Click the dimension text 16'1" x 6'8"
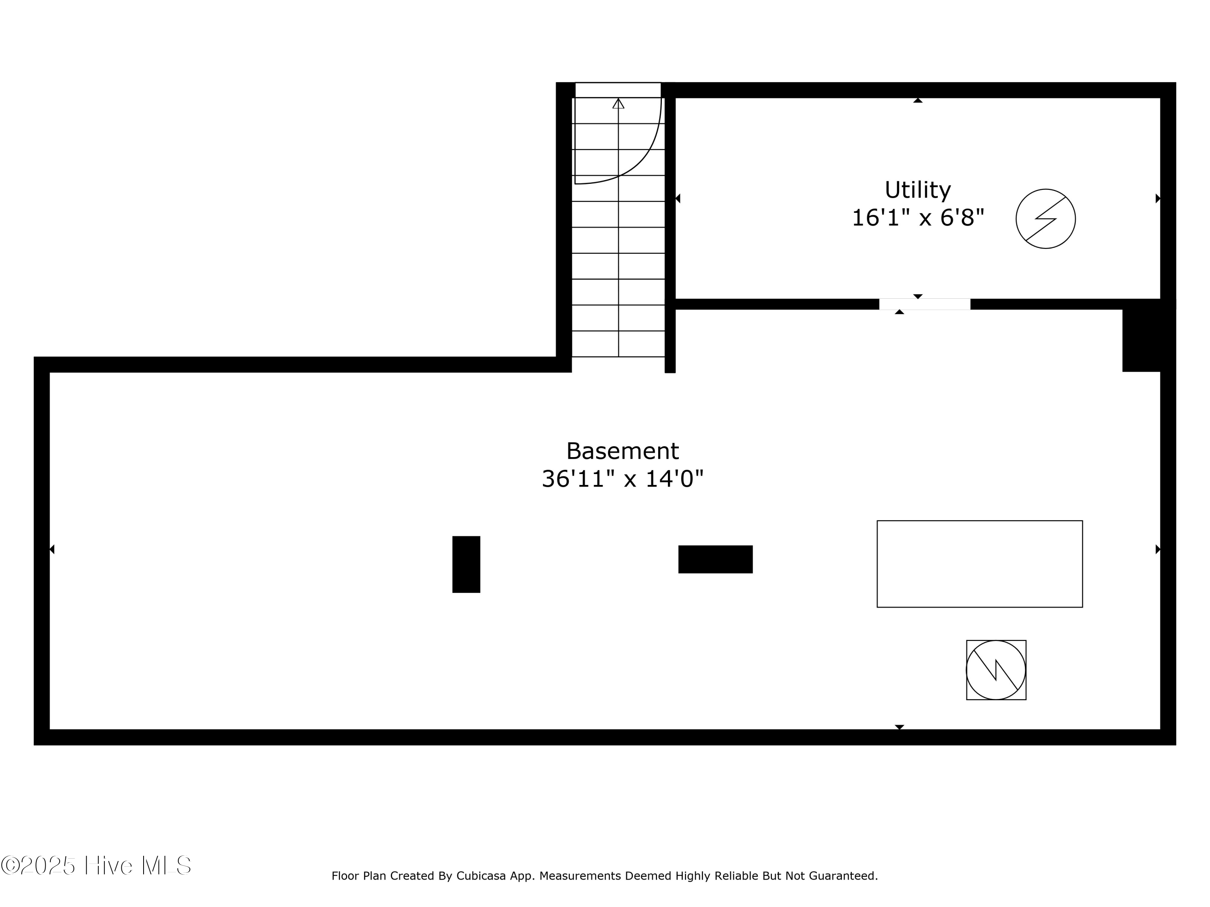click(x=918, y=218)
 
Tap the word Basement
click(x=622, y=451)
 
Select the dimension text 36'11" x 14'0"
click(x=622, y=479)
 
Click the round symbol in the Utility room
click(x=1045, y=218)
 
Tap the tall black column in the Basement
click(x=466, y=564)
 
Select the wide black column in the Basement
click(x=716, y=559)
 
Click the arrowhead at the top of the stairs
click(x=618, y=103)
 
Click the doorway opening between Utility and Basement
click(x=924, y=304)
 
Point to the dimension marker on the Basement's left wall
click(x=52, y=549)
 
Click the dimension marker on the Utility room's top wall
click(x=918, y=101)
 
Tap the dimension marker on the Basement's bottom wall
click(x=899, y=727)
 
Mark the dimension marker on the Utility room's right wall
click(x=1158, y=198)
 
